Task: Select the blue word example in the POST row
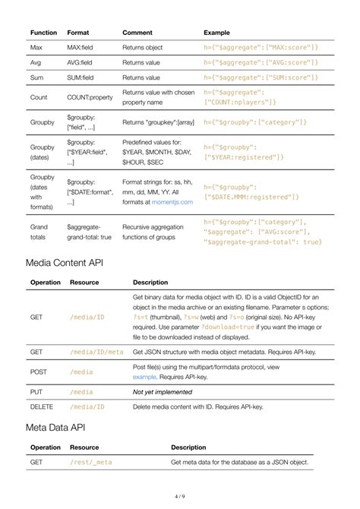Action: click(x=144, y=377)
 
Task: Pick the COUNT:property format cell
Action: click(x=90, y=97)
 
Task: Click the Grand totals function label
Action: click(x=39, y=232)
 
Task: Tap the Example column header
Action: click(x=217, y=33)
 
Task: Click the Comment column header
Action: click(x=137, y=33)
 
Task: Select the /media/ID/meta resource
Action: click(x=96, y=353)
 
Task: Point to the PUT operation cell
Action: click(x=37, y=392)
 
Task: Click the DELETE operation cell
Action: click(x=42, y=407)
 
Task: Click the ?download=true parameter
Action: click(x=205, y=326)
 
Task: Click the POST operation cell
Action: click(x=39, y=372)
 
